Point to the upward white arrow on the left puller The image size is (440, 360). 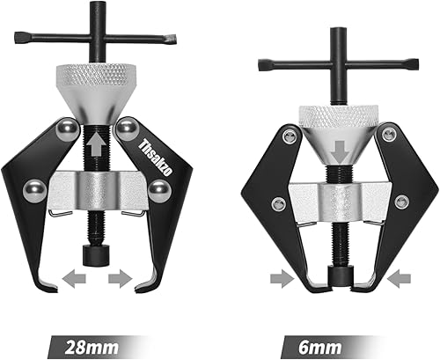pos(94,141)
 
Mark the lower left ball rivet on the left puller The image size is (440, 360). pos(33,189)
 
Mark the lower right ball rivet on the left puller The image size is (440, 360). pos(158,188)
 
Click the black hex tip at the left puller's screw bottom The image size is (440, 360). pos(95,255)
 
